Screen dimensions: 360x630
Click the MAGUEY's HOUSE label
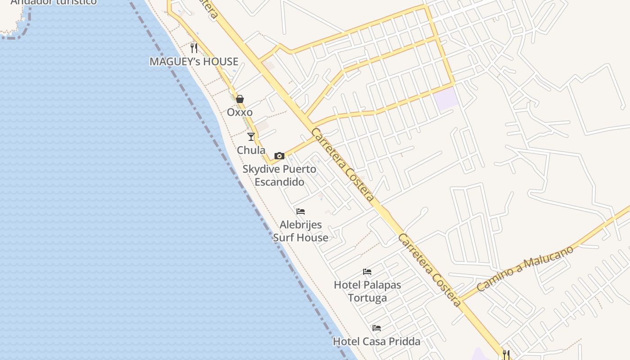[x=194, y=62]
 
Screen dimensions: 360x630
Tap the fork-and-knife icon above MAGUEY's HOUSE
[x=194, y=48]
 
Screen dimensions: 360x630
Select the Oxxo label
[x=240, y=112]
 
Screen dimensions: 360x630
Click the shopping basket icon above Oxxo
[x=240, y=99]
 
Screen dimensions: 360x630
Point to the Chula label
[x=251, y=150]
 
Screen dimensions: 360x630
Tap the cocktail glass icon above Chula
[x=251, y=137]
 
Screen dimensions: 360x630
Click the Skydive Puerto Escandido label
[x=279, y=175]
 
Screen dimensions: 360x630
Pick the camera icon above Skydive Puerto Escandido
[x=279, y=156]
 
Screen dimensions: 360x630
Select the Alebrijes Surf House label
[x=301, y=231]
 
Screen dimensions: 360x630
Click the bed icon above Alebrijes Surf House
[x=301, y=211]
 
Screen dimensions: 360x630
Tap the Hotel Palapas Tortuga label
[x=367, y=291]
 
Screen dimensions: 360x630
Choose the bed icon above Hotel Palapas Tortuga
[x=367, y=272]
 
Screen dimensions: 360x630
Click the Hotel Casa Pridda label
[x=377, y=342]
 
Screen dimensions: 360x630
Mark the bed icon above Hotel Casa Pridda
[x=377, y=328]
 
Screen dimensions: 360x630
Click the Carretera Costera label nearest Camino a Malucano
[x=430, y=270]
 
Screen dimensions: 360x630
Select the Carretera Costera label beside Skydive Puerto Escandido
[x=343, y=165]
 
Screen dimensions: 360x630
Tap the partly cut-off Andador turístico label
[x=54, y=2]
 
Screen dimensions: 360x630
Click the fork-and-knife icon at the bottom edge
[x=506, y=355]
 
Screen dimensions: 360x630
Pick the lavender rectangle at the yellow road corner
[x=446, y=99]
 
